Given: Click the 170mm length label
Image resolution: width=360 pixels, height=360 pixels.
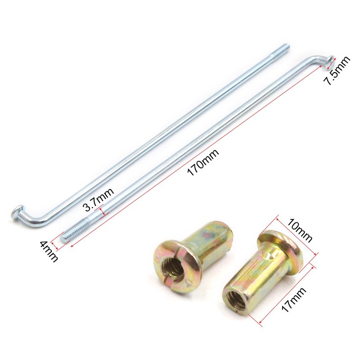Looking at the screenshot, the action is click(x=203, y=162).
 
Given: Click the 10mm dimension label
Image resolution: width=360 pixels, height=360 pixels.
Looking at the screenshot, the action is click(x=300, y=230).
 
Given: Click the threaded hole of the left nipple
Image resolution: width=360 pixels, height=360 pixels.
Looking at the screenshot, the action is click(x=173, y=268).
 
